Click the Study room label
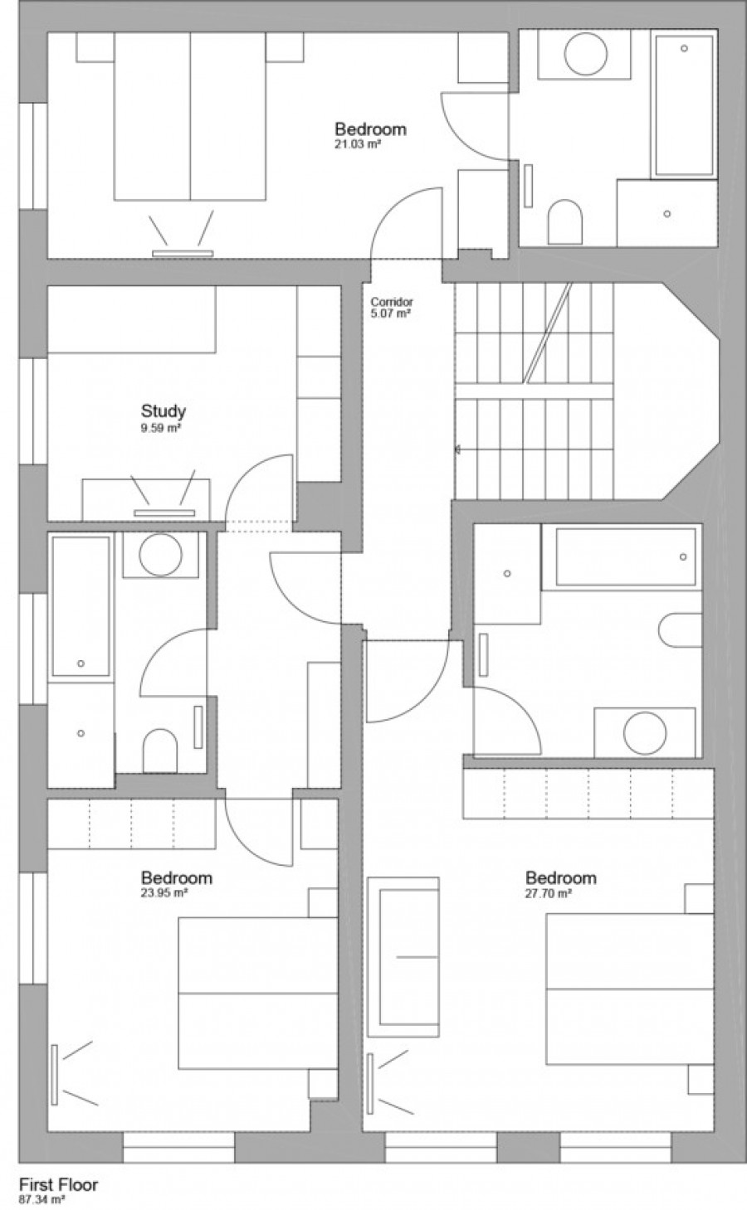[x=164, y=411]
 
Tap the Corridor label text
[x=391, y=302]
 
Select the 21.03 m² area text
[x=358, y=144]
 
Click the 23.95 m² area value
[x=164, y=892]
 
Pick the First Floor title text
[x=58, y=1184]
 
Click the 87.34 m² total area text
[x=42, y=1200]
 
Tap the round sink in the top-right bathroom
[x=586, y=53]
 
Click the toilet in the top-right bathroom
[x=565, y=222]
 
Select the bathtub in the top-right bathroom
[x=684, y=105]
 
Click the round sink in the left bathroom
[x=160, y=555]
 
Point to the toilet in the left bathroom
[x=160, y=751]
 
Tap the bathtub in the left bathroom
[x=81, y=606]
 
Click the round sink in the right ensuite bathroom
[x=645, y=733]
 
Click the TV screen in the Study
[x=164, y=513]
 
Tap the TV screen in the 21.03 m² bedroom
[x=183, y=253]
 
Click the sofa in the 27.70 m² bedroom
[x=403, y=957]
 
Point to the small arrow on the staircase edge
[x=458, y=449]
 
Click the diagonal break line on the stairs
[x=548, y=333]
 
